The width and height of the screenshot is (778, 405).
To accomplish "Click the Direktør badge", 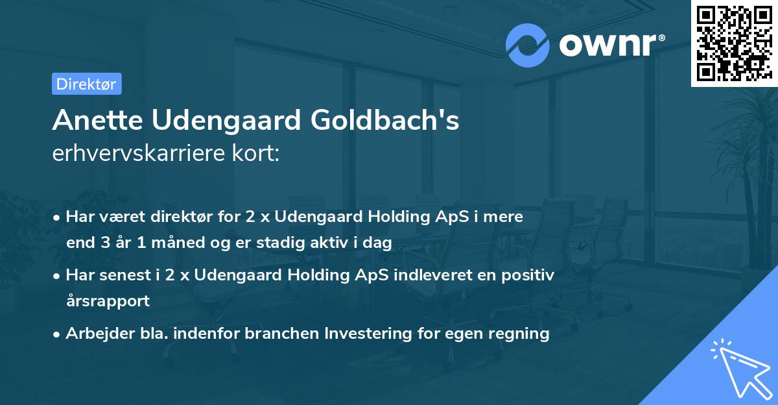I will (x=86, y=84).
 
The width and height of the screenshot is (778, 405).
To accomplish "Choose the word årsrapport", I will (x=108, y=301).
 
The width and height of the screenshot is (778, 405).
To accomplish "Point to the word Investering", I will (x=368, y=334).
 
